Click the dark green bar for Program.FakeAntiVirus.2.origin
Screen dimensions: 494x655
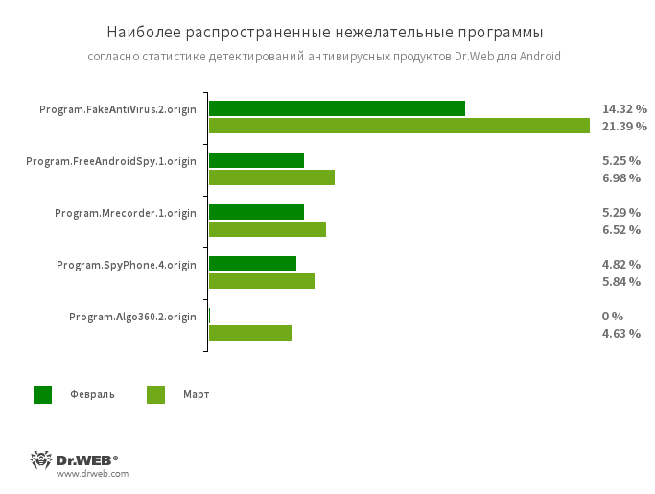337,108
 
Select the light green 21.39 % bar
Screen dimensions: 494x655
399,126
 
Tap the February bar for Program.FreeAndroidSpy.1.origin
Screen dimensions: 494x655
256,160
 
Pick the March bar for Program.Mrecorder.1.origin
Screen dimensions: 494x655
268,229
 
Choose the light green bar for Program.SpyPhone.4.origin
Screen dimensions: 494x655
262,281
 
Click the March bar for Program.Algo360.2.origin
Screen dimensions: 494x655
250,333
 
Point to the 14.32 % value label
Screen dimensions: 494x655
624,109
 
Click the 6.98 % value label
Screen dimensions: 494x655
621,178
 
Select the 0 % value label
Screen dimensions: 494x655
613,317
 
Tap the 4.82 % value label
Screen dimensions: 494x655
621,265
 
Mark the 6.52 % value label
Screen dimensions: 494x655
621,230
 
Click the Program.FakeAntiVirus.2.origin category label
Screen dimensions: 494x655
118,109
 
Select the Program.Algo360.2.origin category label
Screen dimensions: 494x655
132,317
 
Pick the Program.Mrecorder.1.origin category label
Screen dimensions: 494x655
126,213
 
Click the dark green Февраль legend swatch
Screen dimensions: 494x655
43,394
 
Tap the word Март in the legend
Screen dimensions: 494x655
196,394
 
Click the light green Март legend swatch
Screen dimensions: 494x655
155,394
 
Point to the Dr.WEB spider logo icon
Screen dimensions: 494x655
41,459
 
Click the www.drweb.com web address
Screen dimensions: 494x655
92,474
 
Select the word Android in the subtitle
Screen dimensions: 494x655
539,57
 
